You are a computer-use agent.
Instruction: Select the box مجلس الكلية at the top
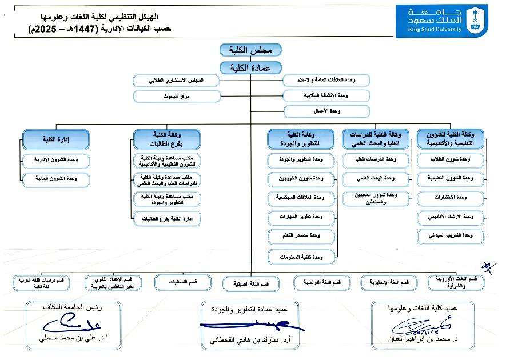(250, 50)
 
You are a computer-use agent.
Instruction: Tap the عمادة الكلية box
(250, 67)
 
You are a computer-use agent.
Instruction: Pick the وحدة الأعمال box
(326, 111)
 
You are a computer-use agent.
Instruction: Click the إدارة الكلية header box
(55, 139)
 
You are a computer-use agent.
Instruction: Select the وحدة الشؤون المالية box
(55, 179)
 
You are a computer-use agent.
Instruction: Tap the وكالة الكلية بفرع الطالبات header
(166, 139)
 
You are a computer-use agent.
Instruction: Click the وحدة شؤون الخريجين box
(302, 179)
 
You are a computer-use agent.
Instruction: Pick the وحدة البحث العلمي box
(376, 179)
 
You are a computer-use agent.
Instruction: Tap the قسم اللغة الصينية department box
(246, 283)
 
